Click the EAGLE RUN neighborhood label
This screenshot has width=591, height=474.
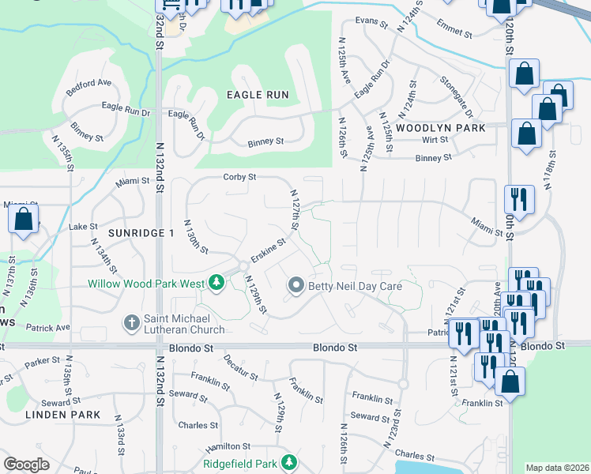[x=258, y=95]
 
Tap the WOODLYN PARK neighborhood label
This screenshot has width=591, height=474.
[x=440, y=127]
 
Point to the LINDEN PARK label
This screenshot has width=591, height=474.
[x=62, y=414]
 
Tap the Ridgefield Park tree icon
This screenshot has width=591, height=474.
[x=289, y=461]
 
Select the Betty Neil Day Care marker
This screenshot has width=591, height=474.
[x=296, y=285]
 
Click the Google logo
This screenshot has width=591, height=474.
[x=26, y=465]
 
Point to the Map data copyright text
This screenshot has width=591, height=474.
[x=557, y=468]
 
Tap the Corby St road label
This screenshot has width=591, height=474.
[x=239, y=177]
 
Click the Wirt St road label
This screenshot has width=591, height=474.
[x=435, y=139]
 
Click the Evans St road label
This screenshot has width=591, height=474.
[x=371, y=21]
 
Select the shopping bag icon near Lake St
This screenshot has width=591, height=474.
[x=24, y=220]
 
